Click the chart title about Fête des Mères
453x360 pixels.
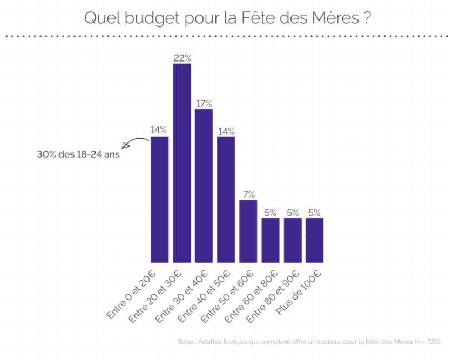(x=227, y=17)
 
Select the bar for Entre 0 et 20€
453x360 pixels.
(x=160, y=199)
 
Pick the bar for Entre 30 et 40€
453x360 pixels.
(x=204, y=186)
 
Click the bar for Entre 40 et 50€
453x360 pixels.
(x=226, y=199)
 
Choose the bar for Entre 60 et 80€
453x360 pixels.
(x=270, y=240)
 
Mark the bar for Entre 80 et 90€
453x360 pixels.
(x=292, y=240)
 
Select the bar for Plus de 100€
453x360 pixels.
(x=314, y=240)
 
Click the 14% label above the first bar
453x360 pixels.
(x=159, y=130)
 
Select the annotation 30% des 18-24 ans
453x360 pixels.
(x=78, y=153)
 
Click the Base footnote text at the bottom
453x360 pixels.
(x=309, y=342)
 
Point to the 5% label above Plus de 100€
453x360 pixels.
(x=314, y=212)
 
